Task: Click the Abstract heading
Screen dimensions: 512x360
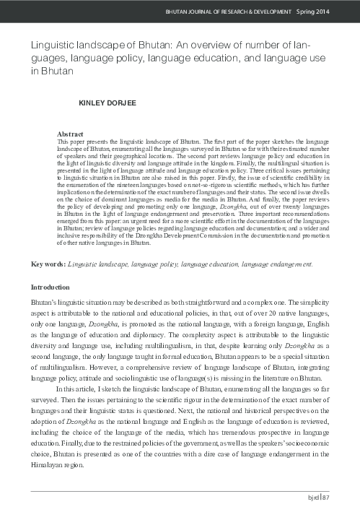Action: pos(71,134)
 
